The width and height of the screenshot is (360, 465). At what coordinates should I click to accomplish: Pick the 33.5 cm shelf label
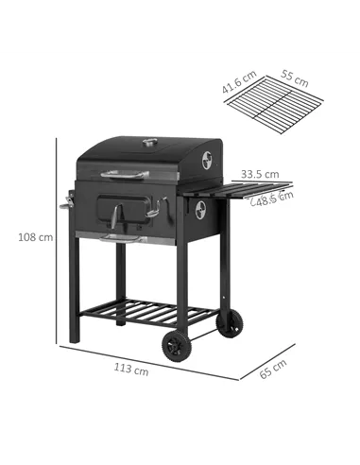[259, 174]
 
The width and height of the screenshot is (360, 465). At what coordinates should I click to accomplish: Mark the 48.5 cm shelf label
[274, 198]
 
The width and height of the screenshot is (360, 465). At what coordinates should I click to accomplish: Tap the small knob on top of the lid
[149, 144]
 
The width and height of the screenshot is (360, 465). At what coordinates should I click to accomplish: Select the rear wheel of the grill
[227, 323]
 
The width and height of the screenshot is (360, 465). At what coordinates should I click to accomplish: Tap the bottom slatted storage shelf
[151, 311]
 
